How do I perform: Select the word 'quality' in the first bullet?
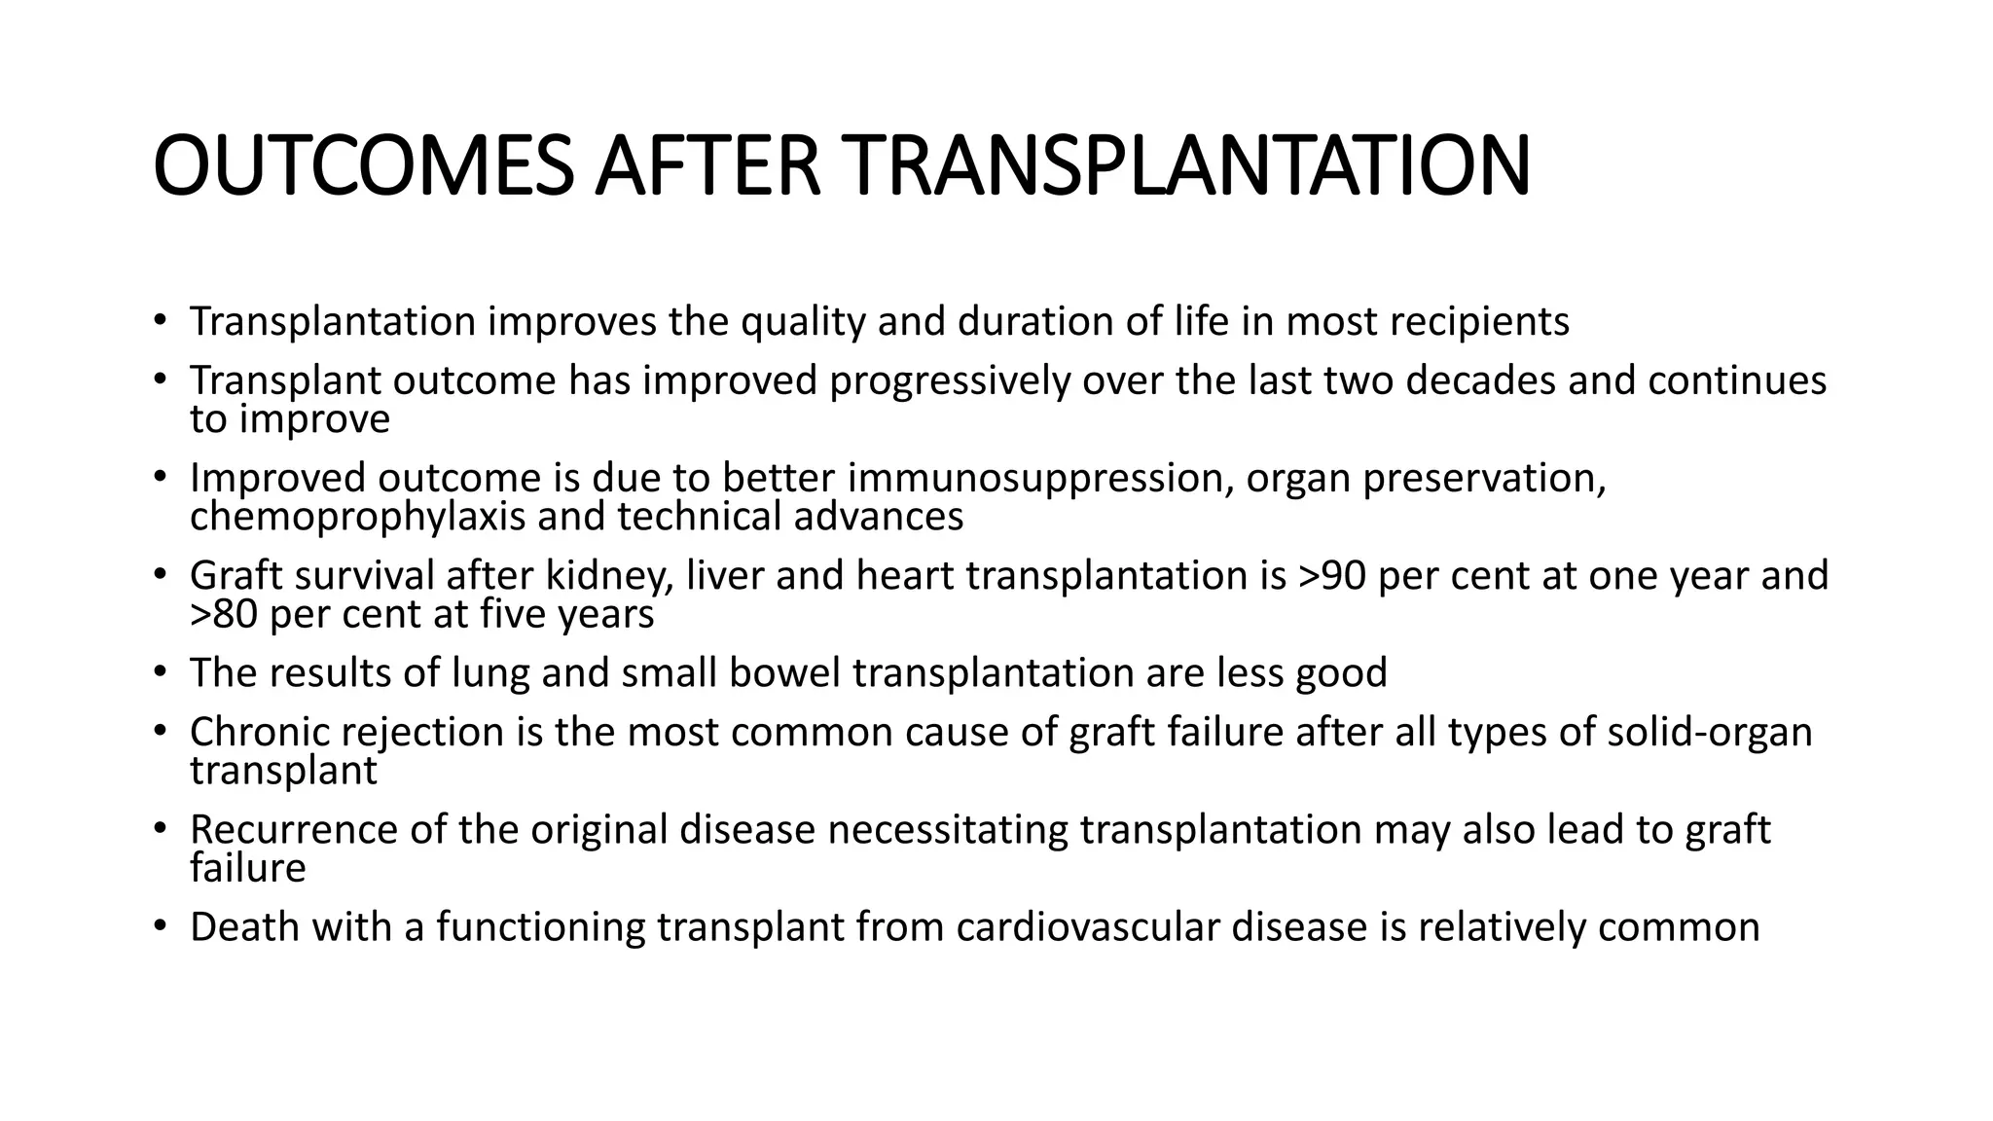coord(803,322)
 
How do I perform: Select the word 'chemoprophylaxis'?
coord(357,517)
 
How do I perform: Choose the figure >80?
coord(224,615)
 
